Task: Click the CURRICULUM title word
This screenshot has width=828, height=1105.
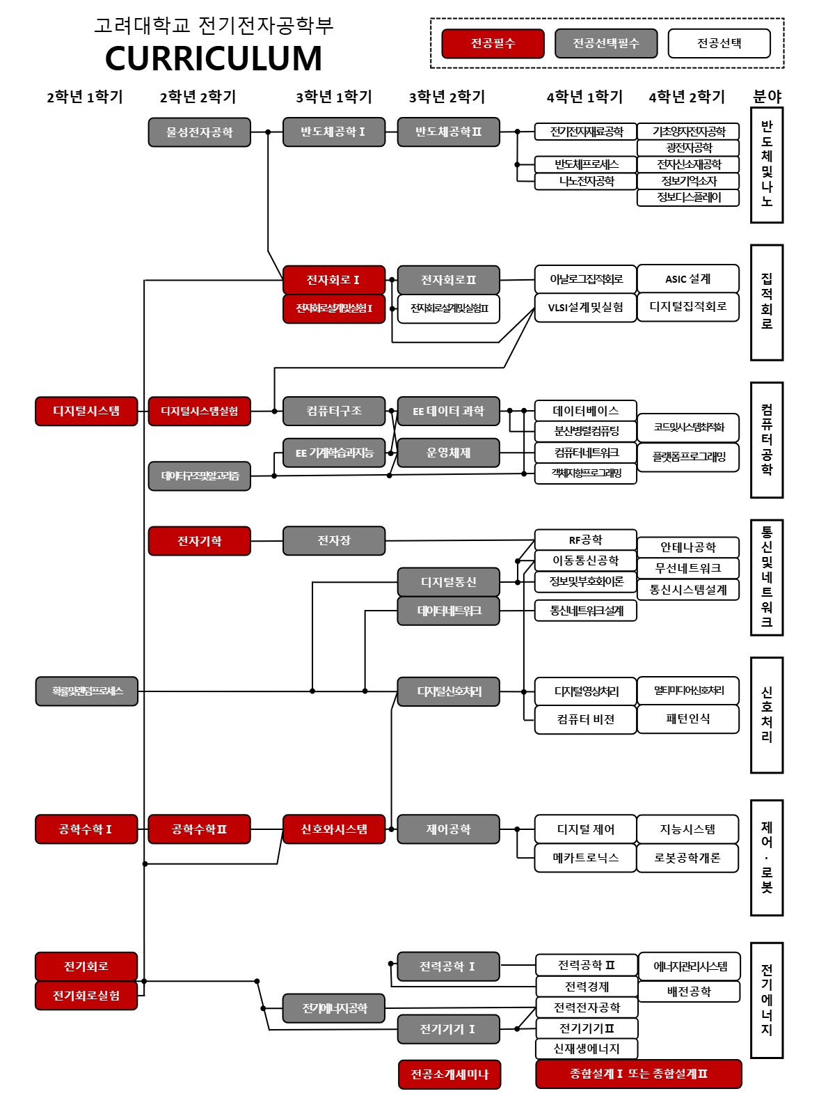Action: (214, 58)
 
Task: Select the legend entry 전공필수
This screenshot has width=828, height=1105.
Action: (493, 44)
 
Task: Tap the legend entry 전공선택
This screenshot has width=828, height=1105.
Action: (719, 44)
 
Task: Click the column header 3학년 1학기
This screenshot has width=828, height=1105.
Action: (333, 97)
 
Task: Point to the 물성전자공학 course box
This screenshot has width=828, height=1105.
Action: (199, 132)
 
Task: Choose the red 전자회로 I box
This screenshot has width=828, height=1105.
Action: (333, 280)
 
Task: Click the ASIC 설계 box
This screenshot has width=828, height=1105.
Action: (687, 279)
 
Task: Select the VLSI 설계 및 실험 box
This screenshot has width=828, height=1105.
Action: (585, 308)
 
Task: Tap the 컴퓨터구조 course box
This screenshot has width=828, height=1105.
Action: (333, 411)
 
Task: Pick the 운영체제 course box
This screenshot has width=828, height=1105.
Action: (448, 453)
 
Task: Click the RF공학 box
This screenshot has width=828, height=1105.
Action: (585, 540)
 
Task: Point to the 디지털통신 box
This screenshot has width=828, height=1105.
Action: (448, 582)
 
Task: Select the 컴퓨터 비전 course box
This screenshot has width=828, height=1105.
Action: (585, 719)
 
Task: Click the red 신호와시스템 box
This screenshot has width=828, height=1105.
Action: (333, 829)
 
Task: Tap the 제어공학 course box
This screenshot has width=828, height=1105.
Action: (448, 829)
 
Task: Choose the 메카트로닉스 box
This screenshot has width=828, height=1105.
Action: (585, 858)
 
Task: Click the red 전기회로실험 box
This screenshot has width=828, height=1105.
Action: (86, 996)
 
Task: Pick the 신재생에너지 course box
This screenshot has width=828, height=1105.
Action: (586, 1049)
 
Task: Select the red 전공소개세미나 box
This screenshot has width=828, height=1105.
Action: (449, 1074)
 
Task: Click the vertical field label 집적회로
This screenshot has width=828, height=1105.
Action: (766, 302)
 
